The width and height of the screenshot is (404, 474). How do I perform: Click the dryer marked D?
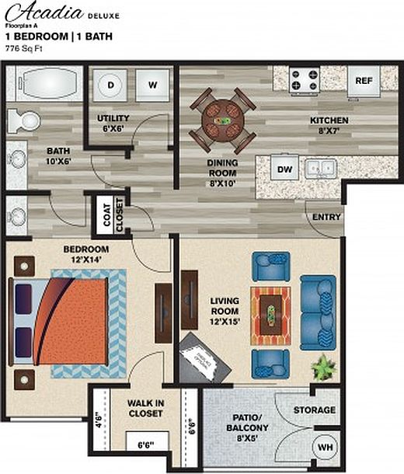tap(111, 85)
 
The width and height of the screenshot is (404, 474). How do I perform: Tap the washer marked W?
tap(152, 85)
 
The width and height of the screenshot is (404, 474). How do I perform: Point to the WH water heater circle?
tap(326, 448)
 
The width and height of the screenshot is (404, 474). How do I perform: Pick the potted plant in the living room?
tap(321, 364)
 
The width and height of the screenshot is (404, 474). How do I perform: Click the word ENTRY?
tap(327, 217)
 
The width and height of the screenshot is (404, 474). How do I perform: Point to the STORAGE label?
tap(315, 410)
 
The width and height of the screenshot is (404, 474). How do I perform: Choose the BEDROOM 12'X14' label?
tap(85, 254)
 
